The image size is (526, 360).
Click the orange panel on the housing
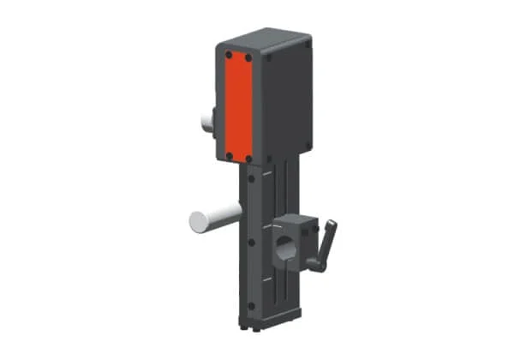(238, 107)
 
